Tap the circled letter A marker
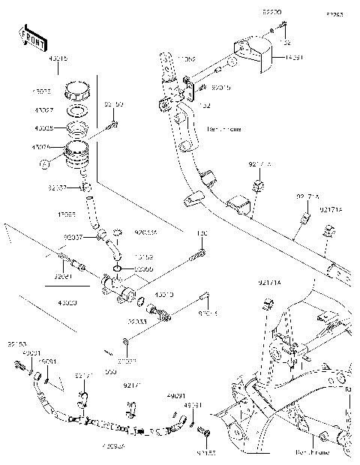coord(45,161)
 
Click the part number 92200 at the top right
coord(271,13)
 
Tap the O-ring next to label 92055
coord(118,268)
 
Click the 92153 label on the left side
coord(16,344)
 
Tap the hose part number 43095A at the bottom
coord(114,448)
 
